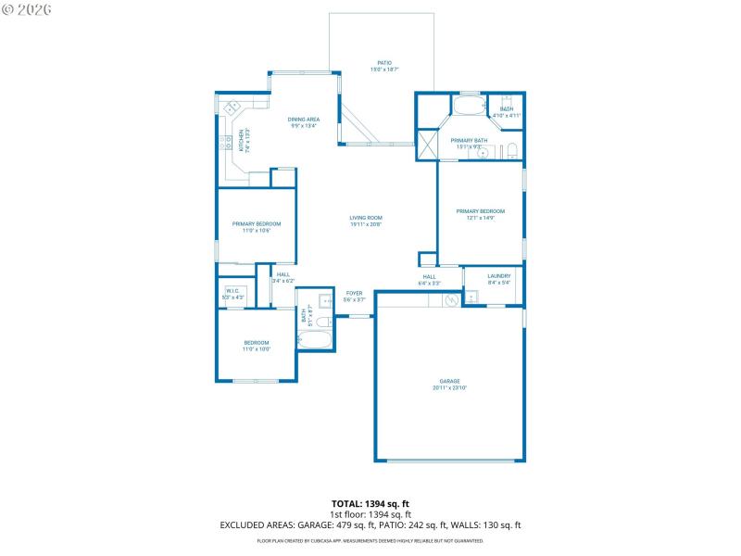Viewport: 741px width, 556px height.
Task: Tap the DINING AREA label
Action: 304,120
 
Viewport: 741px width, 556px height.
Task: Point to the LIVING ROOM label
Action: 367,218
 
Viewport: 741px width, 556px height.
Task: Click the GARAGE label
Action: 449,381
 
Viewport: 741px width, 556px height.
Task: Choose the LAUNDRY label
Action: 498,275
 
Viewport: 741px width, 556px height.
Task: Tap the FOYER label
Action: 355,293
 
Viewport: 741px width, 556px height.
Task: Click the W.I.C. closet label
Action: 232,291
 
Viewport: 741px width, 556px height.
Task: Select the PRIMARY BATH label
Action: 467,141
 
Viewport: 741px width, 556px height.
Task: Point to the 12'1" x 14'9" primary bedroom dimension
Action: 481,217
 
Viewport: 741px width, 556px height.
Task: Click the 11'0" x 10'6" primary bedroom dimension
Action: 257,230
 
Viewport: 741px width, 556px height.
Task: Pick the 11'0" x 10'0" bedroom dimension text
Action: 257,349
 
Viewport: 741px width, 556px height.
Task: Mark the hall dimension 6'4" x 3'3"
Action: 430,284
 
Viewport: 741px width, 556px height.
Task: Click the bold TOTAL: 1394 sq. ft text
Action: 370,503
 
